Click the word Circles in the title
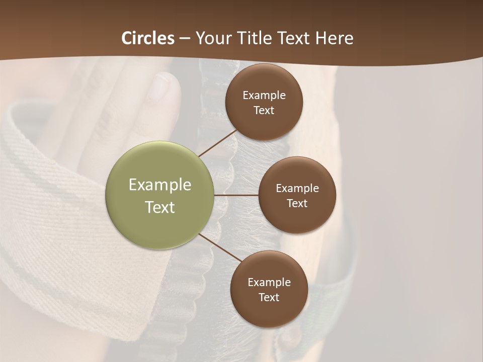tap(148, 38)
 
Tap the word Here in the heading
tap(335, 38)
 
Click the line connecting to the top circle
tap(217, 143)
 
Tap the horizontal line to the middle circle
tap(236, 195)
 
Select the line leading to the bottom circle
tap(220, 247)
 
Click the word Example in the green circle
tap(159, 185)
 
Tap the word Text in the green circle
tap(159, 207)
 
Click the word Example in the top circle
tap(264, 96)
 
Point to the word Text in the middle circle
tap(297, 203)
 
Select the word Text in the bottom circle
tap(269, 297)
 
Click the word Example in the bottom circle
tap(269, 282)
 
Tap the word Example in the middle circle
tap(297, 188)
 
